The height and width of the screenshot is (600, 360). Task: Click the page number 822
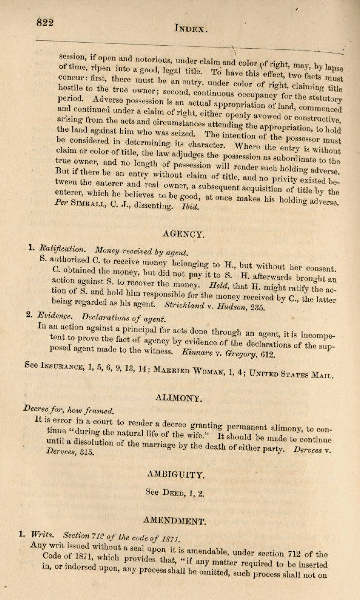click(45, 22)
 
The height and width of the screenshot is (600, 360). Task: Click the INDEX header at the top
click(191, 29)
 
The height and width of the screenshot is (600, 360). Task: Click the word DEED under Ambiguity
click(175, 493)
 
